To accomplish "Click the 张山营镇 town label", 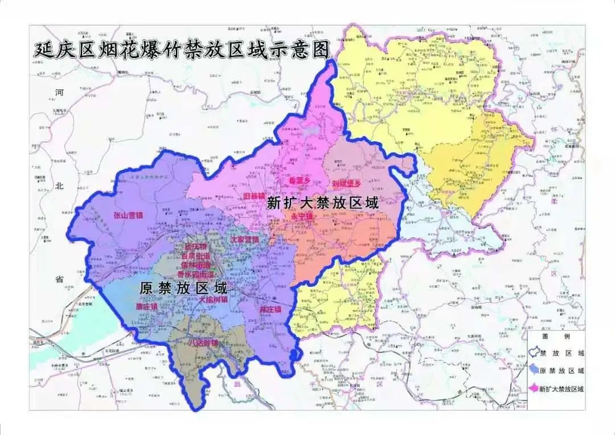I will click(128, 215).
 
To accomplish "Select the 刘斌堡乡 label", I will click(346, 184).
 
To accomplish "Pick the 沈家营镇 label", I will click(244, 240).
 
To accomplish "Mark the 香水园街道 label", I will click(196, 274).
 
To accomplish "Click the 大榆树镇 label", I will click(213, 299).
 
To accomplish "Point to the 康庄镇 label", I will click(146, 306).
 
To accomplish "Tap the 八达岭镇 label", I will click(203, 343).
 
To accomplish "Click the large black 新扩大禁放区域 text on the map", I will click(323, 202).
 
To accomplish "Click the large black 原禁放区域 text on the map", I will click(183, 288).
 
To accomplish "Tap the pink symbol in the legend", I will click(534, 388).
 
